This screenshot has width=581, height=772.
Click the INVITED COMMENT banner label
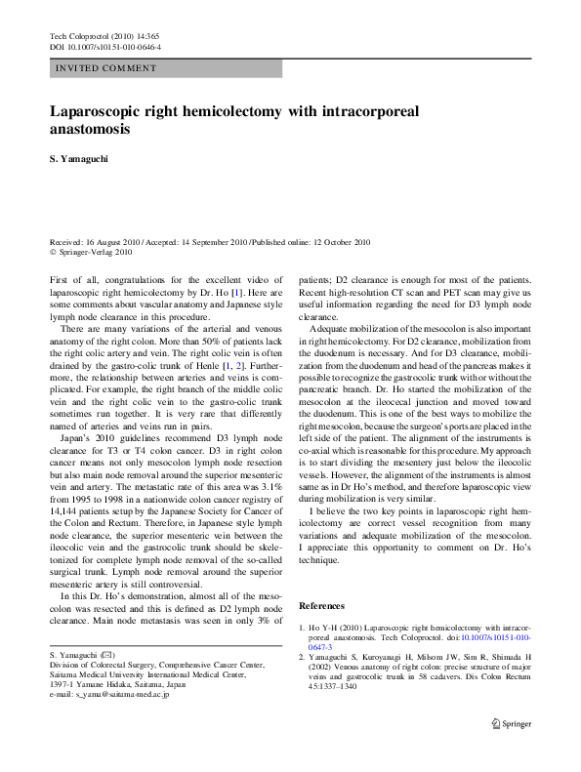pos(106,68)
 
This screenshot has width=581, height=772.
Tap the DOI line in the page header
pos(104,47)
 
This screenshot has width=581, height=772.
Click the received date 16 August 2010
pos(116,241)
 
